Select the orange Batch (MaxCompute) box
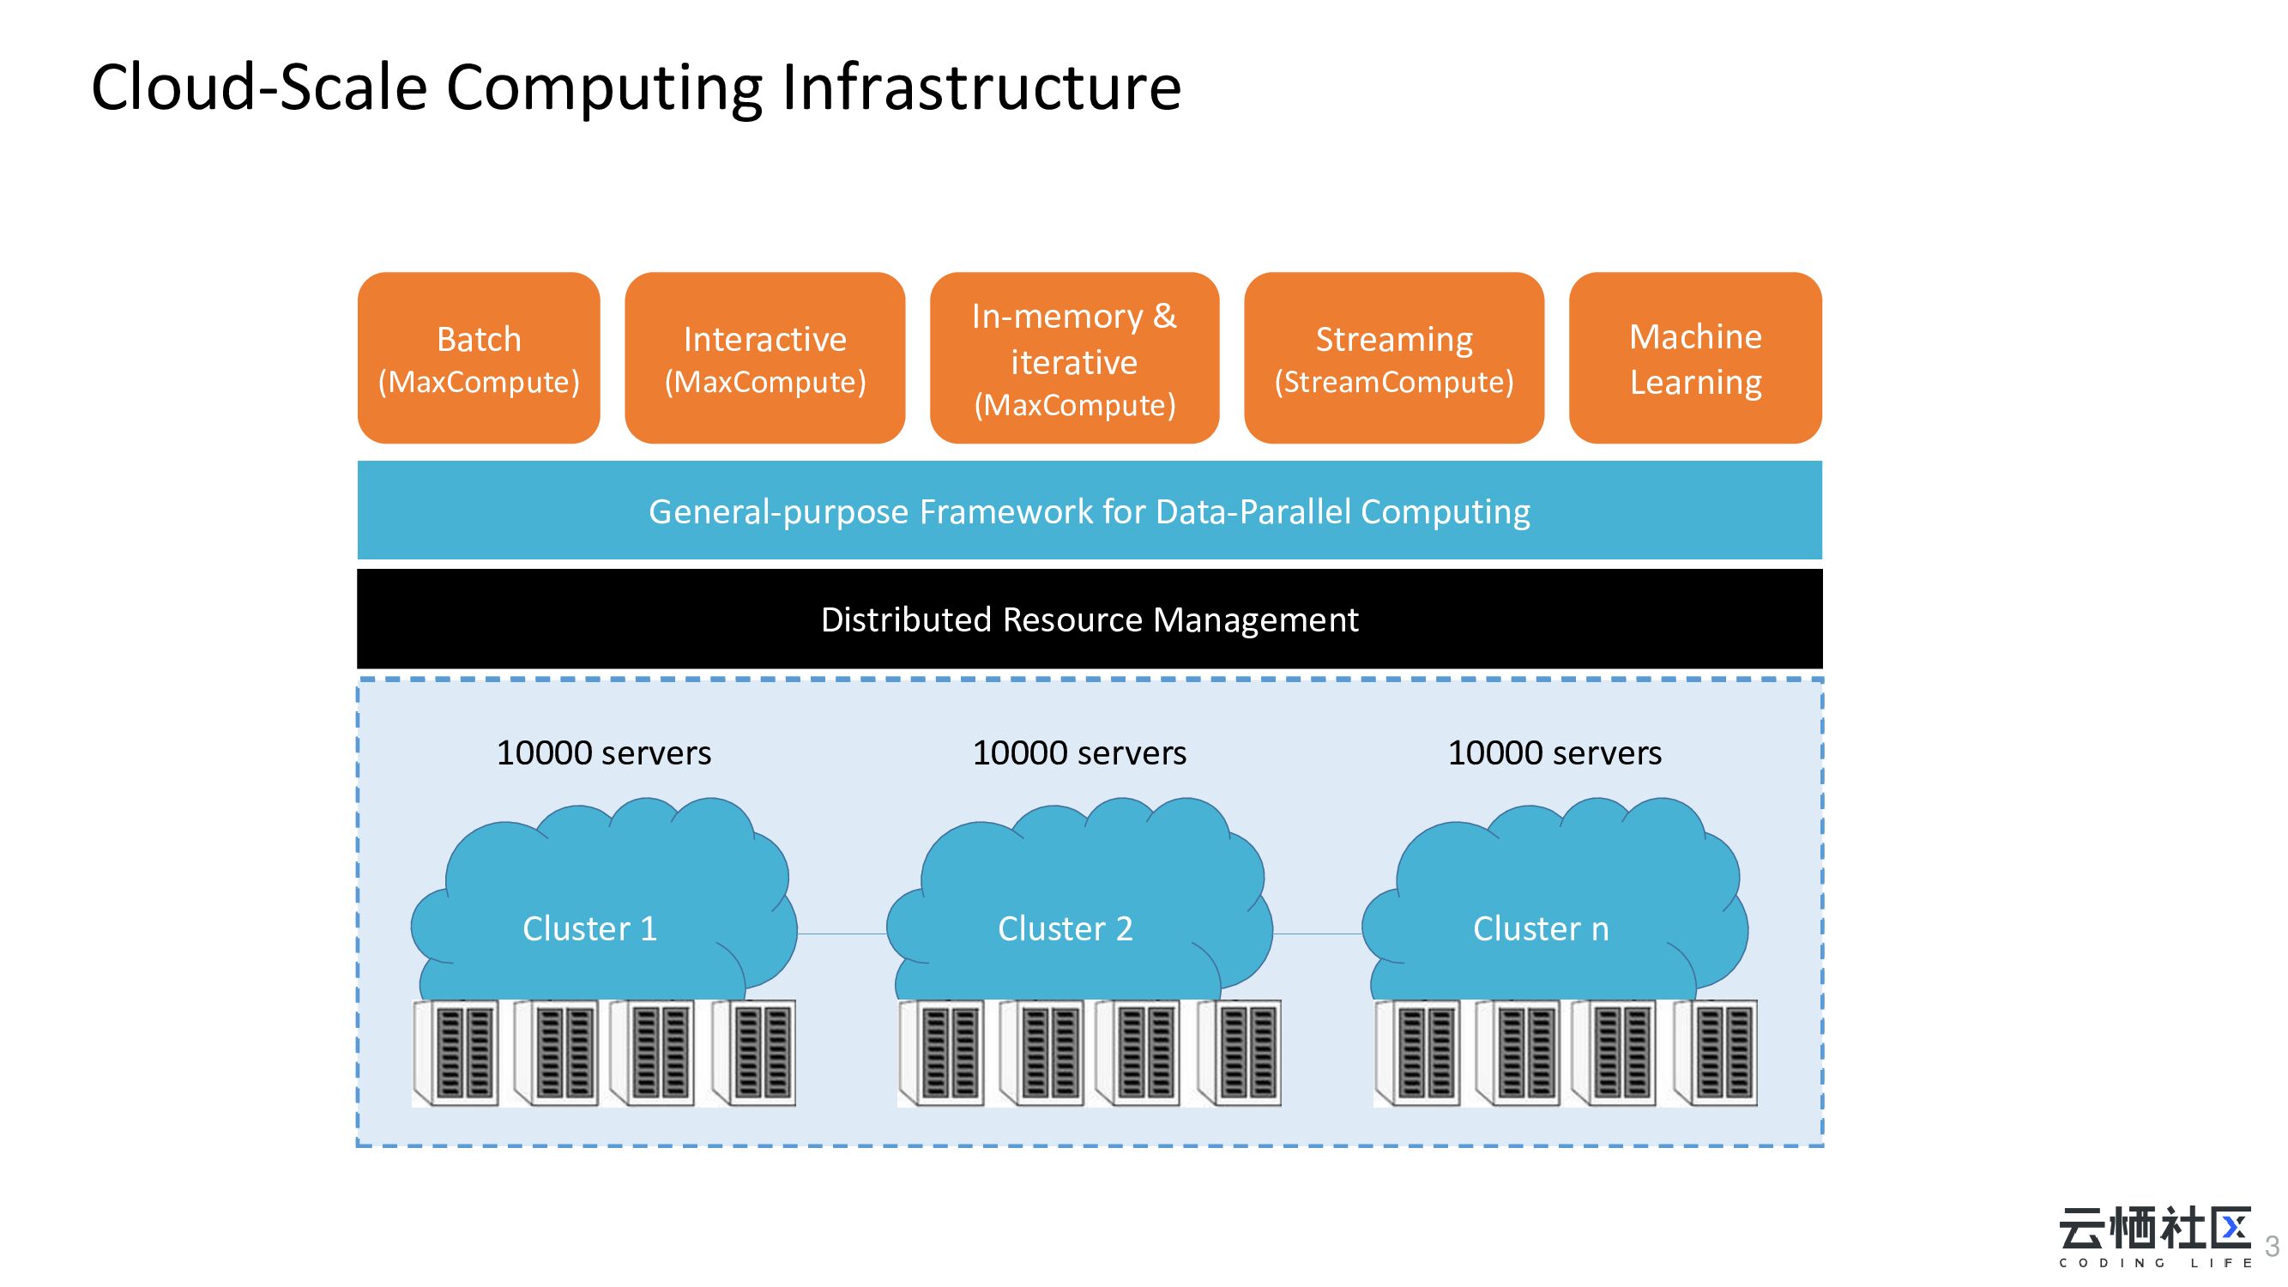[479, 358]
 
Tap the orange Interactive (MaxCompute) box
[764, 358]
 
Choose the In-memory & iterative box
[1074, 358]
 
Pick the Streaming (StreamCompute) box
[1393, 358]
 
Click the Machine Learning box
[1694, 358]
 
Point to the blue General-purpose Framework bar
[1089, 511]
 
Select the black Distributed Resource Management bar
[1089, 619]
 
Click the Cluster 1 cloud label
[589, 928]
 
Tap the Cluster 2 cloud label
[1065, 928]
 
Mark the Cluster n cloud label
[1540, 928]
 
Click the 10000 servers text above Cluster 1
[603, 753]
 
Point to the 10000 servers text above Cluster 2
[1079, 753]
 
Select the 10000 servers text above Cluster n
[1555, 753]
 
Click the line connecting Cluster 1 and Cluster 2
[842, 934]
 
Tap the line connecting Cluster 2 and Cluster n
[1317, 934]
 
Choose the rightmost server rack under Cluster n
[1715, 1053]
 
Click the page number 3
[2272, 1246]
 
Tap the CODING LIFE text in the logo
[2156, 1263]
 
